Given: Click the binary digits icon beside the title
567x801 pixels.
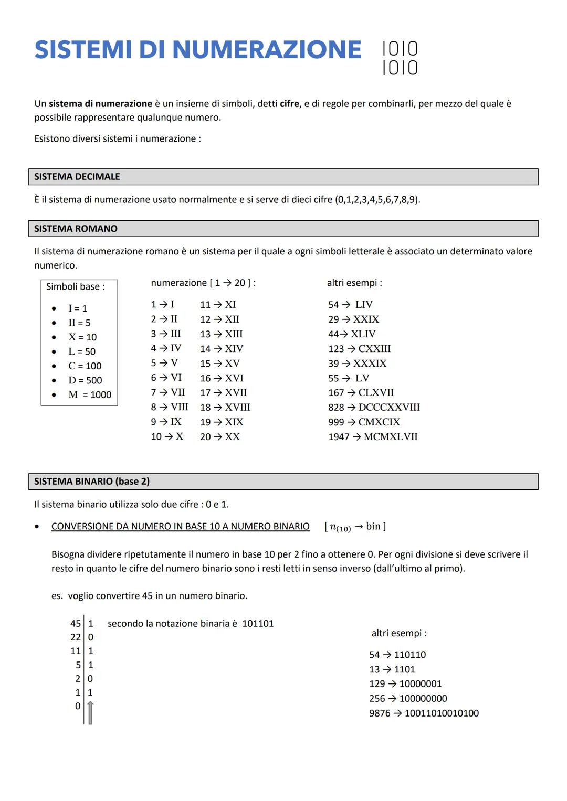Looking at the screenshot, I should point(400,58).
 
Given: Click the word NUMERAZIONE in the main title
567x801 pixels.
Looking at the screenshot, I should point(267,50).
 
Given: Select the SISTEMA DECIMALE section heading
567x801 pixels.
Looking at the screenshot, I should point(77,177).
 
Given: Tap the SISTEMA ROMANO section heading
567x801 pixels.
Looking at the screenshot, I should point(76,229).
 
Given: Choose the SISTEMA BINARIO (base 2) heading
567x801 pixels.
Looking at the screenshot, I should point(92,482).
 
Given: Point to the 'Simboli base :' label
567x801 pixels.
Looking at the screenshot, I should point(76,286).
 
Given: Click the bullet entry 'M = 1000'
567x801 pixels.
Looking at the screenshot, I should point(90,394).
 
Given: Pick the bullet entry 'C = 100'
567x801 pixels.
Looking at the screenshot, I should point(85,366).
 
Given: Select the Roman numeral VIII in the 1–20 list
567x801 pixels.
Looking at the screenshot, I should point(180,407).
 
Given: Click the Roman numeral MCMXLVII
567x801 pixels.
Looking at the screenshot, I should point(391,436).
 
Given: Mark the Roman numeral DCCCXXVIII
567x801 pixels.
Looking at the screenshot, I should point(389,407).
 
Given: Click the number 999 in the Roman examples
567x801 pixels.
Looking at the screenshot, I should point(336,422).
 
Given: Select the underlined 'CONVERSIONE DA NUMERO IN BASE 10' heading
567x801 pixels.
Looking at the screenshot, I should point(180,526).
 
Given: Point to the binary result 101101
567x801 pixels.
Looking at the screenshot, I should point(258,623).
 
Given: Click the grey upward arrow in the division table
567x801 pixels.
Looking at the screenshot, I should point(90,712).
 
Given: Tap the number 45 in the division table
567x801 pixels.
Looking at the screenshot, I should point(76,623).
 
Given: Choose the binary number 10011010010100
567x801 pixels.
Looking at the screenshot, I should point(442,713).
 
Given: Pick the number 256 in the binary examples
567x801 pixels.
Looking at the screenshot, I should point(377,698).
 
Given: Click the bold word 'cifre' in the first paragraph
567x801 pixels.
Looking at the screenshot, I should point(289,104).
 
